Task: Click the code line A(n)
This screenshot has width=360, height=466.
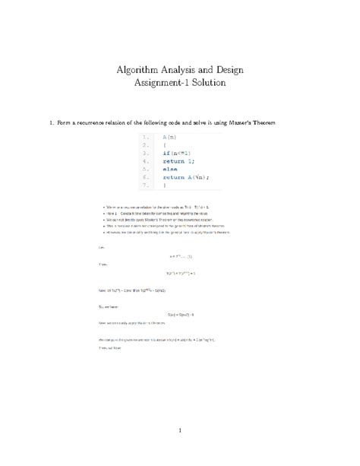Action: (169, 137)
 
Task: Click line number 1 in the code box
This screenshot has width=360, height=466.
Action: (144, 137)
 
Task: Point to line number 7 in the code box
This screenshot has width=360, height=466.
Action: (144, 185)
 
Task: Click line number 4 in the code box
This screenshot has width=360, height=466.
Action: (144, 160)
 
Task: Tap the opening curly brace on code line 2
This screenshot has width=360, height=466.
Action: (164, 144)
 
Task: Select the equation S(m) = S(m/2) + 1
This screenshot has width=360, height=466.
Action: (180, 313)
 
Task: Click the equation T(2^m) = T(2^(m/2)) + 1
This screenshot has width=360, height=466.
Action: (180, 272)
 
